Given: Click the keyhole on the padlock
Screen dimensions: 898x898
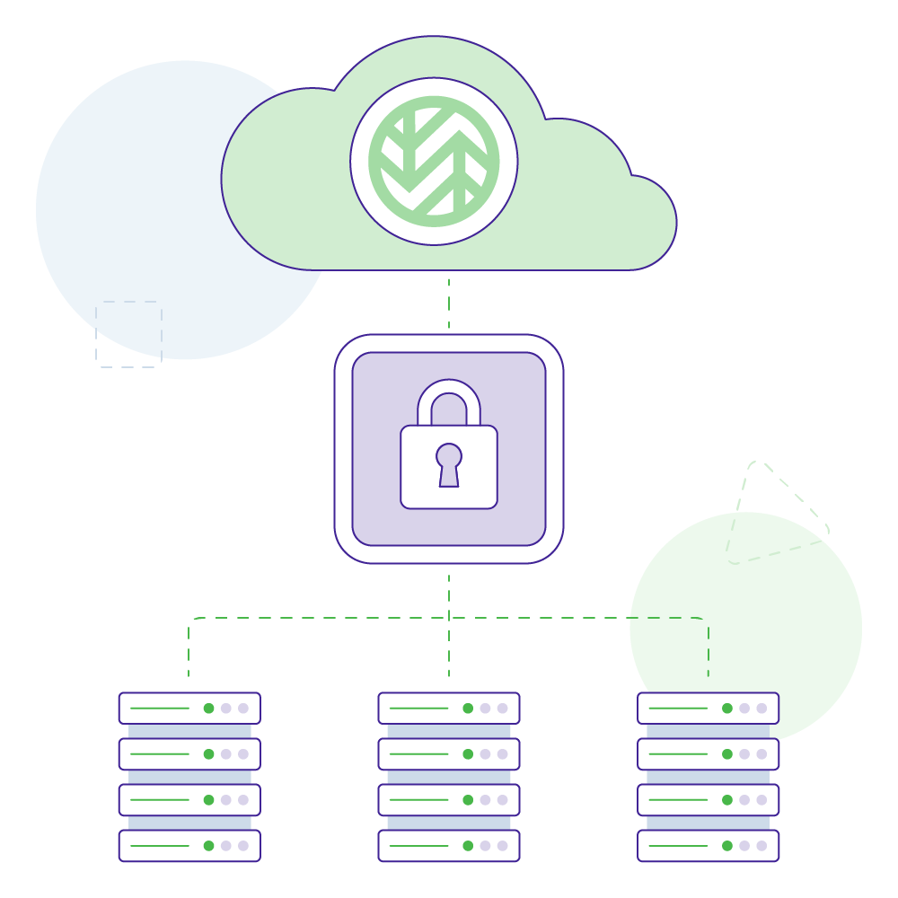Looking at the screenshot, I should click(449, 462).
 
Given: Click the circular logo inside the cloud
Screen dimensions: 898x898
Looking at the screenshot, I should click(434, 161).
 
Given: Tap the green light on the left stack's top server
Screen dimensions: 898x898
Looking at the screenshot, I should click(208, 708).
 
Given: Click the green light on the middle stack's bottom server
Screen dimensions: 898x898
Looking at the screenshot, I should click(468, 845).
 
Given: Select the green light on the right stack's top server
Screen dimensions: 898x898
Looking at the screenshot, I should click(727, 708).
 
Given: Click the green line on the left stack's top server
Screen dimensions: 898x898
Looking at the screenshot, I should click(160, 708).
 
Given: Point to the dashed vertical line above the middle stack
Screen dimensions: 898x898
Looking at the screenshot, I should click(449, 651).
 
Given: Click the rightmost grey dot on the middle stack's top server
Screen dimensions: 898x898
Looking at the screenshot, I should click(502, 708).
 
